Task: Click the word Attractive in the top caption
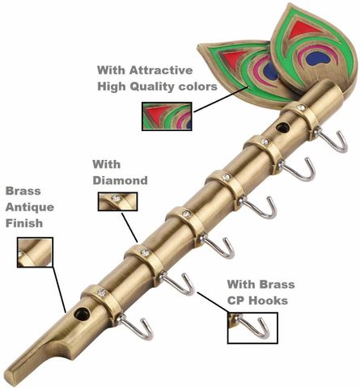[x=161, y=70]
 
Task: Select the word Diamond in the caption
[x=120, y=180]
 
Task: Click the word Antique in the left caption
[x=30, y=207]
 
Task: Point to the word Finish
[x=24, y=223]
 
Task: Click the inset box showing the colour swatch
[x=167, y=116]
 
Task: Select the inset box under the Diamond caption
[x=117, y=201]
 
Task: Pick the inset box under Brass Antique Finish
[x=35, y=252]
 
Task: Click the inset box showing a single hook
[x=252, y=328]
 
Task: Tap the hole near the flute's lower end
[x=82, y=314]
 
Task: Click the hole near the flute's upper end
[x=283, y=128]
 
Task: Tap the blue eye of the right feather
[x=320, y=59]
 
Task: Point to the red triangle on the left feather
[x=232, y=57]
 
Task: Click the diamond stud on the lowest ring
[x=102, y=292]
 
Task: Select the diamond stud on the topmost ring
[x=301, y=108]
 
